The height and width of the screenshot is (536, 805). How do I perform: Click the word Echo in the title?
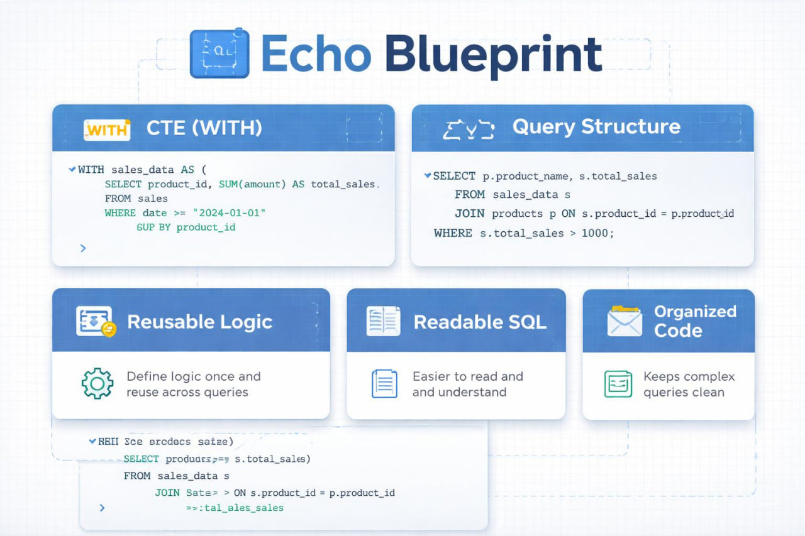[315, 54]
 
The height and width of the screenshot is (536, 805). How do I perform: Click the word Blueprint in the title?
[493, 55]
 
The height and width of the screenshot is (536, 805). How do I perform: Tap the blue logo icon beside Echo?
[219, 53]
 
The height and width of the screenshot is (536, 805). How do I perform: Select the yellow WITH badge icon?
[106, 129]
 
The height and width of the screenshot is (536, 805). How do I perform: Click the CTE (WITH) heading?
[204, 128]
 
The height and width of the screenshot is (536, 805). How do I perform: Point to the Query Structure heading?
[596, 127]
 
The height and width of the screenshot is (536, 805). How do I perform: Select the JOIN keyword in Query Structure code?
[469, 214]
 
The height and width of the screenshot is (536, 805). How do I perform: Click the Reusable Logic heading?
[200, 322]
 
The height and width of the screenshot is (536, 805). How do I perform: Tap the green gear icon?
[97, 383]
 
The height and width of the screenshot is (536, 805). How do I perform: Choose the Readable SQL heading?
[480, 322]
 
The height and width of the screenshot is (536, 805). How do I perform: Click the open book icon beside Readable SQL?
[383, 321]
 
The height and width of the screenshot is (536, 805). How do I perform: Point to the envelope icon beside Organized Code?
[625, 321]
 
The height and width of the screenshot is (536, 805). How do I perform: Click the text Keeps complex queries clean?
[689, 384]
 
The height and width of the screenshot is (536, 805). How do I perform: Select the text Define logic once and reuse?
[193, 384]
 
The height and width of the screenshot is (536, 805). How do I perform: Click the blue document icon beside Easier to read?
[384, 383]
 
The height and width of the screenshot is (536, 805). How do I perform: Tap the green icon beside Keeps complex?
[618, 383]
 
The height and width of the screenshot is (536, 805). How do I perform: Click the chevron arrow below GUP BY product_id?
[83, 248]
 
